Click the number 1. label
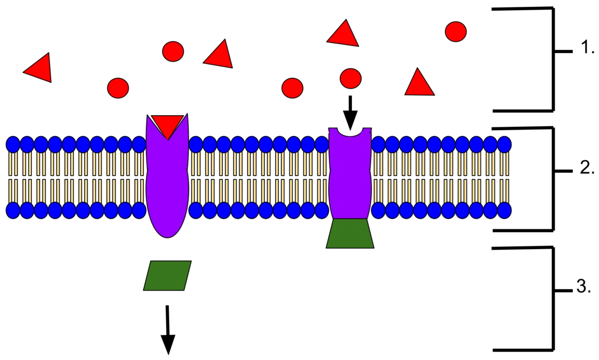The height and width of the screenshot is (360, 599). tap(587, 48)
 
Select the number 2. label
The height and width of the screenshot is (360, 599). tap(587, 168)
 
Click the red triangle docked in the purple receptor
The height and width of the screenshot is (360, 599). tap(168, 125)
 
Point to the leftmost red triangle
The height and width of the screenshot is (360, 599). tap(39, 68)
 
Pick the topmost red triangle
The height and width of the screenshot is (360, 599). tap(343, 33)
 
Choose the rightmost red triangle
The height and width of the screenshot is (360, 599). tap(419, 83)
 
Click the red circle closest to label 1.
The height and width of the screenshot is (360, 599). tap(456, 31)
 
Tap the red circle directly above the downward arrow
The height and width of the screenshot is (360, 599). tap(351, 78)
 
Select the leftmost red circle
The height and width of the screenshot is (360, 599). tap(118, 88)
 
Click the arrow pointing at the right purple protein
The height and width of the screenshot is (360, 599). tap(350, 113)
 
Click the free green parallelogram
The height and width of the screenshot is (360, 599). tap(168, 275)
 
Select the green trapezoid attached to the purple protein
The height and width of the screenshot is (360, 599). tap(350, 234)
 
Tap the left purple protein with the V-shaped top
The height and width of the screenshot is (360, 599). tap(168, 182)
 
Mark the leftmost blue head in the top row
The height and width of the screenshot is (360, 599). tap(13, 145)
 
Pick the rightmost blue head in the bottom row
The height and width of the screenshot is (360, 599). tap(504, 211)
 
